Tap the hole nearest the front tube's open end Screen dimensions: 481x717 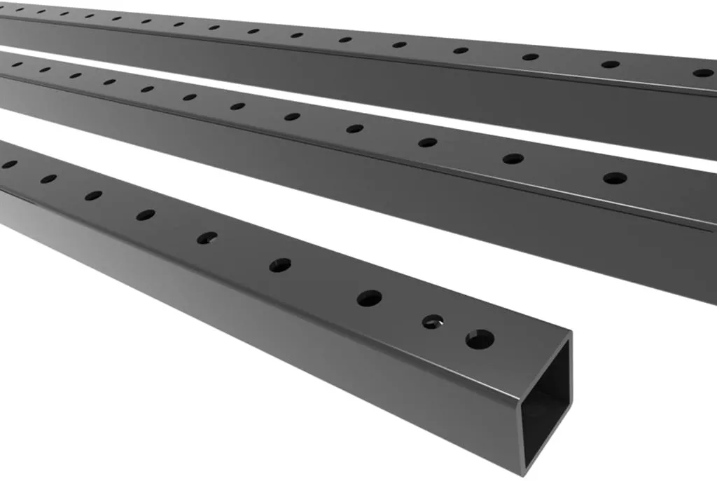480,339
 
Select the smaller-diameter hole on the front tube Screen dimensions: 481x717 433,322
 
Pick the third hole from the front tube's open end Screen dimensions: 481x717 369,298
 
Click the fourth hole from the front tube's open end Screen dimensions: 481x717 280,265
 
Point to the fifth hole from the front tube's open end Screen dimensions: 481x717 207,238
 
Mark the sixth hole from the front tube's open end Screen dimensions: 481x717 146,215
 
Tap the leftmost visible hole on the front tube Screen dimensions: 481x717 9,164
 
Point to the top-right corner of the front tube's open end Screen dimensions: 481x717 570,334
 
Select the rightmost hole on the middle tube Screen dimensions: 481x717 615,178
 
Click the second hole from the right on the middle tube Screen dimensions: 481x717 513,158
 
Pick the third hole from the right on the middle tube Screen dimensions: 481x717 427,142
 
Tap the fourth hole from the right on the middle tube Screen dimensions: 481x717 355,128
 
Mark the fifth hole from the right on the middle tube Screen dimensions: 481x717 292,116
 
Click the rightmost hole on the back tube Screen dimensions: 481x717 702,72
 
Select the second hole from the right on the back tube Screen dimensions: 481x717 611,64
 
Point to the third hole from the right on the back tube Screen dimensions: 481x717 531,56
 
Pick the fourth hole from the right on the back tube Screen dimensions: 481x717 461,50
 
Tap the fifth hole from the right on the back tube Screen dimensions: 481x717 399,44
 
